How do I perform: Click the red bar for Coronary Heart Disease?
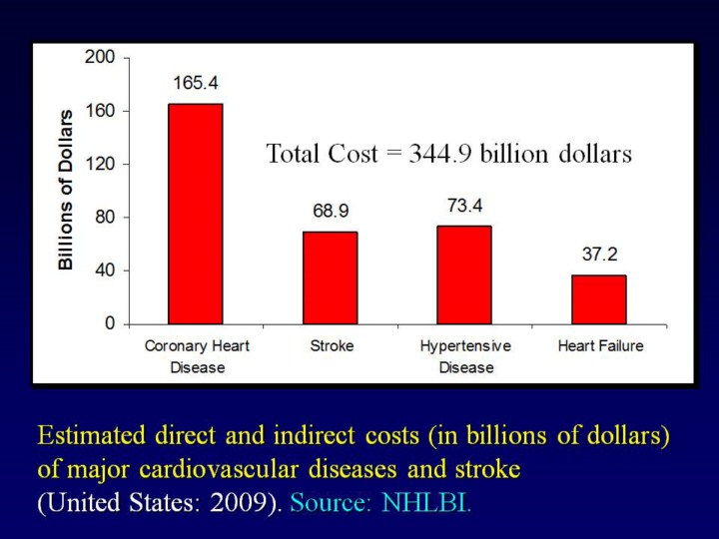pyautogui.click(x=196, y=214)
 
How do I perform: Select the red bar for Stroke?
pyautogui.click(x=330, y=277)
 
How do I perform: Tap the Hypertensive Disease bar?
pyautogui.click(x=464, y=274)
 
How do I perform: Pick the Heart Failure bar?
pyautogui.click(x=599, y=299)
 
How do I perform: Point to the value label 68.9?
pyautogui.click(x=330, y=212)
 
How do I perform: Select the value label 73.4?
pyautogui.click(x=464, y=206)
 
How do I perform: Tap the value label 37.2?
pyautogui.click(x=599, y=255)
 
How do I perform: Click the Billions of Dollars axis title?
pyautogui.click(x=66, y=190)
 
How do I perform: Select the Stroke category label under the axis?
pyautogui.click(x=331, y=346)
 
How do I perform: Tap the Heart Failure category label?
pyautogui.click(x=599, y=346)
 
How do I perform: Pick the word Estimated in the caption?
pyautogui.click(x=92, y=436)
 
